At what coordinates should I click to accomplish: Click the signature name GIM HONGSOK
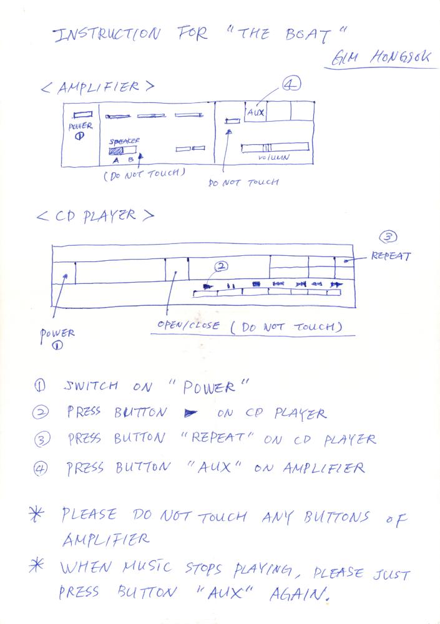click(381, 57)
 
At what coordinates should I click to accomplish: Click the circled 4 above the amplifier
click(292, 84)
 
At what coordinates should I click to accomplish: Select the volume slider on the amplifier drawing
click(275, 147)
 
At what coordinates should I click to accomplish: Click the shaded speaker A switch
click(116, 151)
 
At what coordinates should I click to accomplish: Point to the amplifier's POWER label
click(81, 126)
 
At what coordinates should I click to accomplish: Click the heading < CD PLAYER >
click(95, 216)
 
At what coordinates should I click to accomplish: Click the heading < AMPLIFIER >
click(97, 87)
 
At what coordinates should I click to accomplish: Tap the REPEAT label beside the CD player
click(390, 255)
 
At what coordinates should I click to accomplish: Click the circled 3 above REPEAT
click(388, 237)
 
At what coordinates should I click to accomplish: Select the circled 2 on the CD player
click(221, 266)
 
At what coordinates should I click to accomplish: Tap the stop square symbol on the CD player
click(257, 284)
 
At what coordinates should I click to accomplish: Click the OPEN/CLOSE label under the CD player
click(188, 324)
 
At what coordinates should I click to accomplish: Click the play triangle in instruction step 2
click(191, 414)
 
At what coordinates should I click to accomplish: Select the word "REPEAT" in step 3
click(217, 437)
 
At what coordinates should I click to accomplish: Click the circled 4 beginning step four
click(40, 469)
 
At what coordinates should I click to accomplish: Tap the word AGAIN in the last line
click(299, 594)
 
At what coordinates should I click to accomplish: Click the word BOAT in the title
click(308, 35)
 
